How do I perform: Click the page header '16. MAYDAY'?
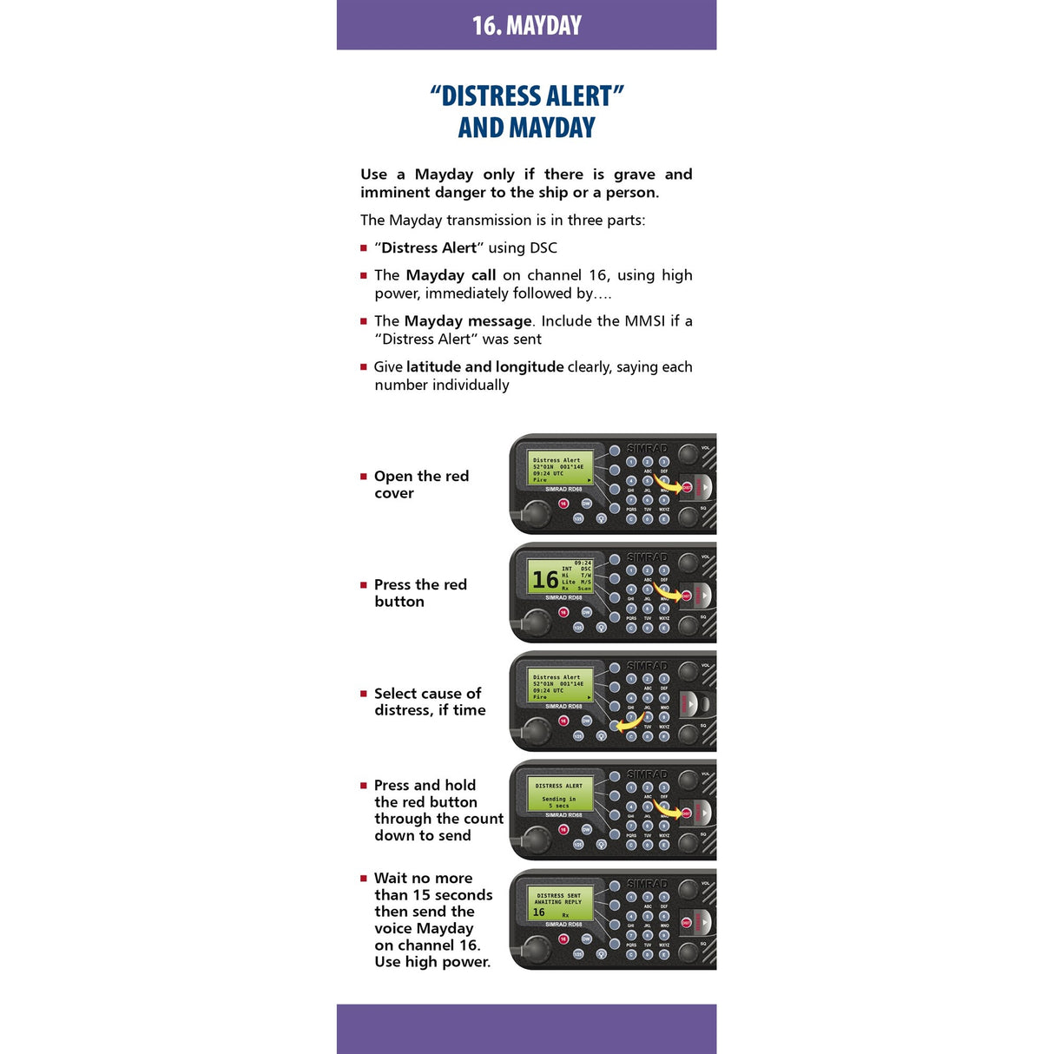click(526, 25)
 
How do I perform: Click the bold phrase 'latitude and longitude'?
click(484, 366)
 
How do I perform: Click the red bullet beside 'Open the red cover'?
click(364, 477)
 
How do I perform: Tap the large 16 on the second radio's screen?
click(544, 579)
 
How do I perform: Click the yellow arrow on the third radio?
click(629, 721)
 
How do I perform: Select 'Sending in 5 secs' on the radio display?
click(559, 801)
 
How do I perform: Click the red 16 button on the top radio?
click(563, 504)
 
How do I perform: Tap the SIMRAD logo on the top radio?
click(647, 449)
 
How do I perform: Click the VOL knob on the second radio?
click(688, 562)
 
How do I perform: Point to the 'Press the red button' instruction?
click(420, 593)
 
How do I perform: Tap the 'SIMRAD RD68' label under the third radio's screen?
click(563, 706)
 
